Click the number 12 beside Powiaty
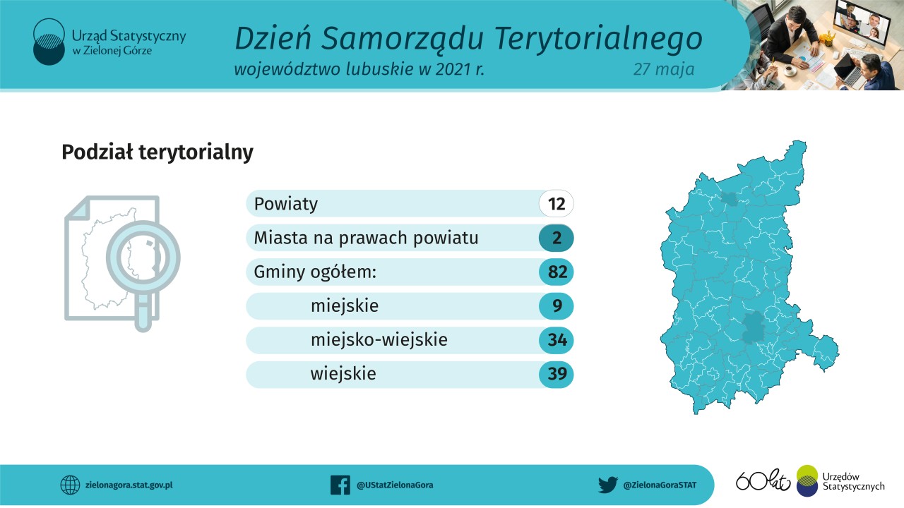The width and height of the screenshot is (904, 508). point(557,205)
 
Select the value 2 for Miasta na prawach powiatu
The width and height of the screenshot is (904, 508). point(557,238)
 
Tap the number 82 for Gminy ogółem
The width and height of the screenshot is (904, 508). point(557,272)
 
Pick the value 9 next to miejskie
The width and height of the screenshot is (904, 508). point(557,306)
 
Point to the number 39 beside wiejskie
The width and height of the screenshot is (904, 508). point(557,375)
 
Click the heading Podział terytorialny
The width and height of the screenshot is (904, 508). point(157,152)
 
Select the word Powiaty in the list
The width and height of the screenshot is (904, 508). point(286,205)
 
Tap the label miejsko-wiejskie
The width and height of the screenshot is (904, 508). point(379,340)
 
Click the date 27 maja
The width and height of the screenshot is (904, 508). point(663,69)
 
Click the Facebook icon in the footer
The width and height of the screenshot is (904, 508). point(340,485)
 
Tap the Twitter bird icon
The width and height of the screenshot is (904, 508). point(607,485)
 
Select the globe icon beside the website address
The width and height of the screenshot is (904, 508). point(70,485)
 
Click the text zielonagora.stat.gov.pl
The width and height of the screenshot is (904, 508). point(129,485)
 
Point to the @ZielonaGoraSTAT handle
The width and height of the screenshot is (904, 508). point(660,485)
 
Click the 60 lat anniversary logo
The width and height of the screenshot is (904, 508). point(763,480)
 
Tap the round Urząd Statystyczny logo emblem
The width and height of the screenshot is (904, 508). point(49,42)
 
